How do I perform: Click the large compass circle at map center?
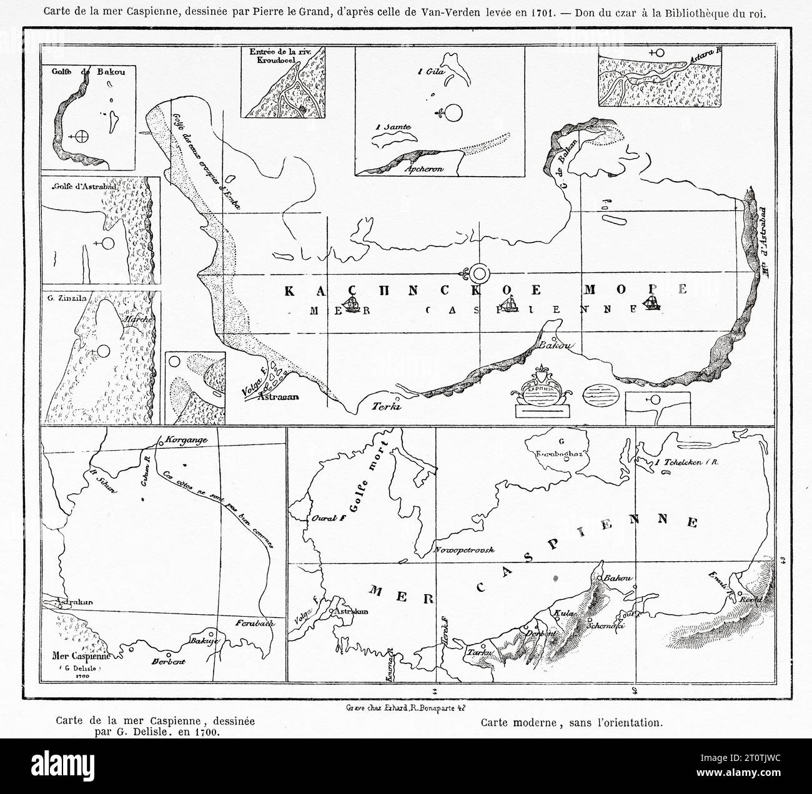coord(479,273)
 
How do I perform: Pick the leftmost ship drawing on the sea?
coord(350,305)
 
